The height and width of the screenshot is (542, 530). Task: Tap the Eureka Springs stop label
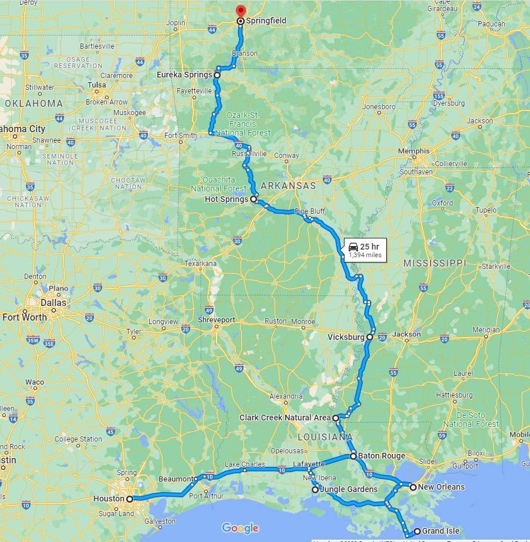coord(184,75)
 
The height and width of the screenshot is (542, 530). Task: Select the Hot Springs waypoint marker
coord(254,200)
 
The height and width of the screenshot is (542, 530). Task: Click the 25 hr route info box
coord(364,250)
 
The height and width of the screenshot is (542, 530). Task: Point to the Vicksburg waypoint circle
coord(369,338)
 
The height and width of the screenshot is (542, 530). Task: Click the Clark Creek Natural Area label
coord(285,418)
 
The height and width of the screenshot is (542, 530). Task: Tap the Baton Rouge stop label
coord(382,456)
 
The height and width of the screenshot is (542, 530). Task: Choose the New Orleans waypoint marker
coord(413,487)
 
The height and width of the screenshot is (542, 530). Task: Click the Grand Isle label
coord(440,531)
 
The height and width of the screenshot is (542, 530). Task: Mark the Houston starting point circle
coord(129,499)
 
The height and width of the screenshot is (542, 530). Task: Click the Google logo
coord(240,528)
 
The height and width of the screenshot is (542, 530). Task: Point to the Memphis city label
coord(414,152)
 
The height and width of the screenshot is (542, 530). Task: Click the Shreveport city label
coord(216,320)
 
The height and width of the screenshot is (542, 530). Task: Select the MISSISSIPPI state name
coord(434,264)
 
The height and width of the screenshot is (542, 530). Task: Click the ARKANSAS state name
coord(288,186)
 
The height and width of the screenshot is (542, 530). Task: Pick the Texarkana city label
coord(200,264)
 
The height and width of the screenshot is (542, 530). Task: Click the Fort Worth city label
coord(25,317)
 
